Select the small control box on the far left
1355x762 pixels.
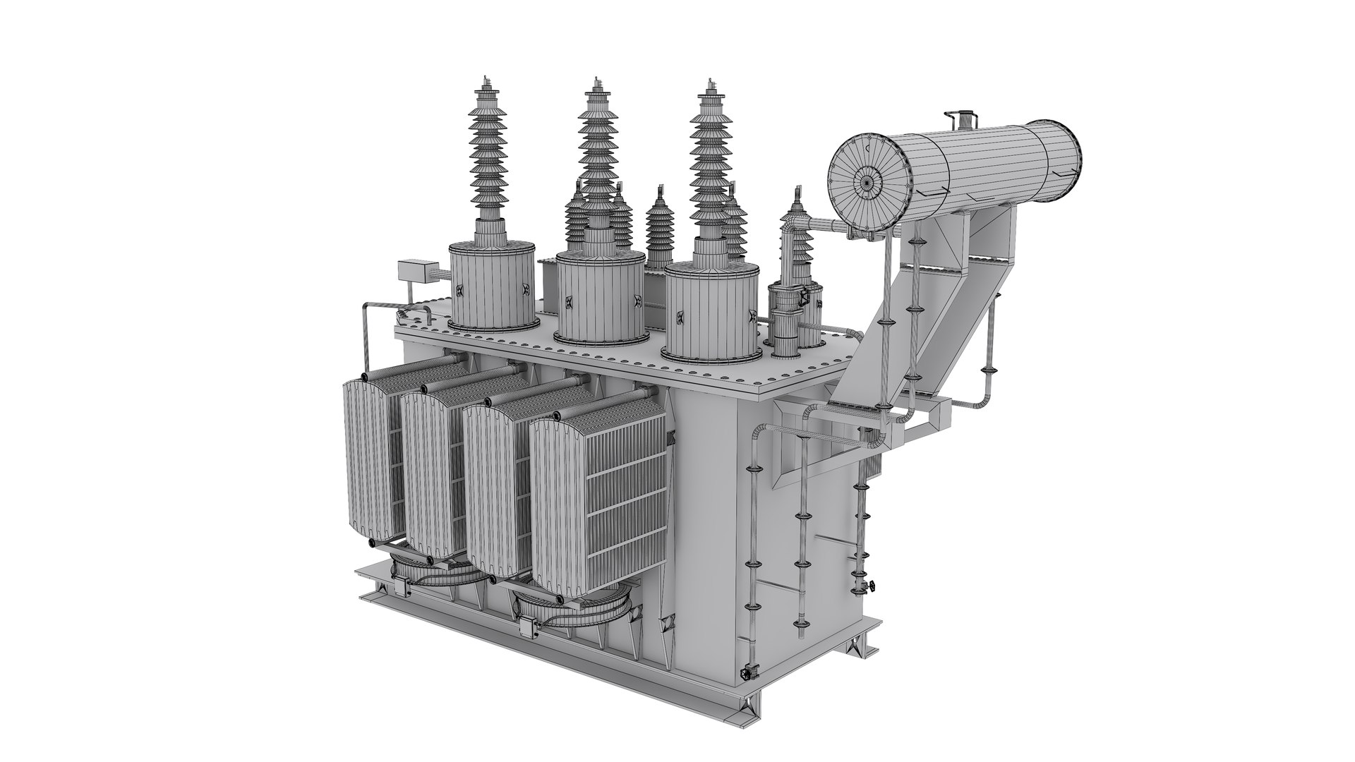click(412, 273)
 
